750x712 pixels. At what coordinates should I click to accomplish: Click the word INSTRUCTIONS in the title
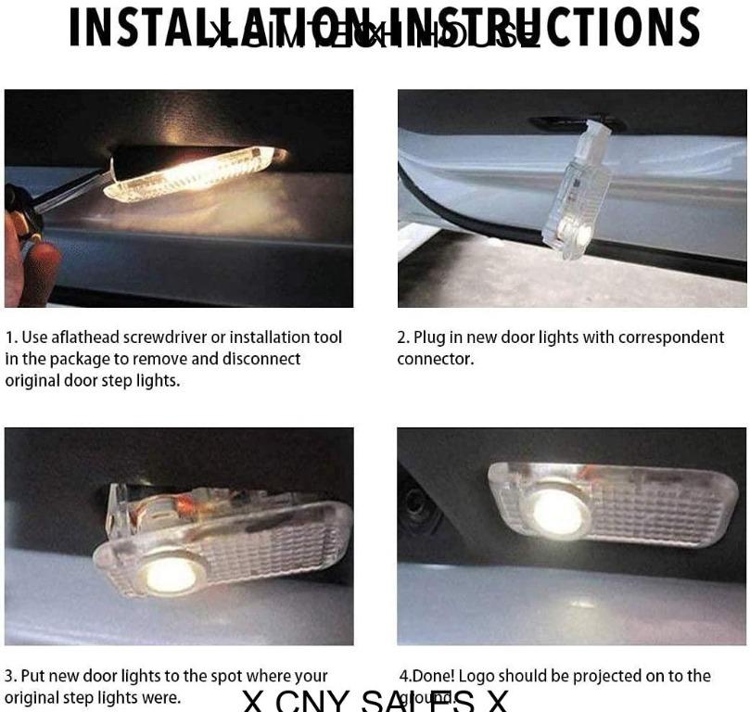tap(557, 28)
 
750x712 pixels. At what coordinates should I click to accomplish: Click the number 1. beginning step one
tap(11, 337)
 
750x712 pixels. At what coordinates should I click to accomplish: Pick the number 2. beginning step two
tap(403, 337)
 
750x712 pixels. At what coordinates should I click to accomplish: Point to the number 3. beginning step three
tap(11, 677)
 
